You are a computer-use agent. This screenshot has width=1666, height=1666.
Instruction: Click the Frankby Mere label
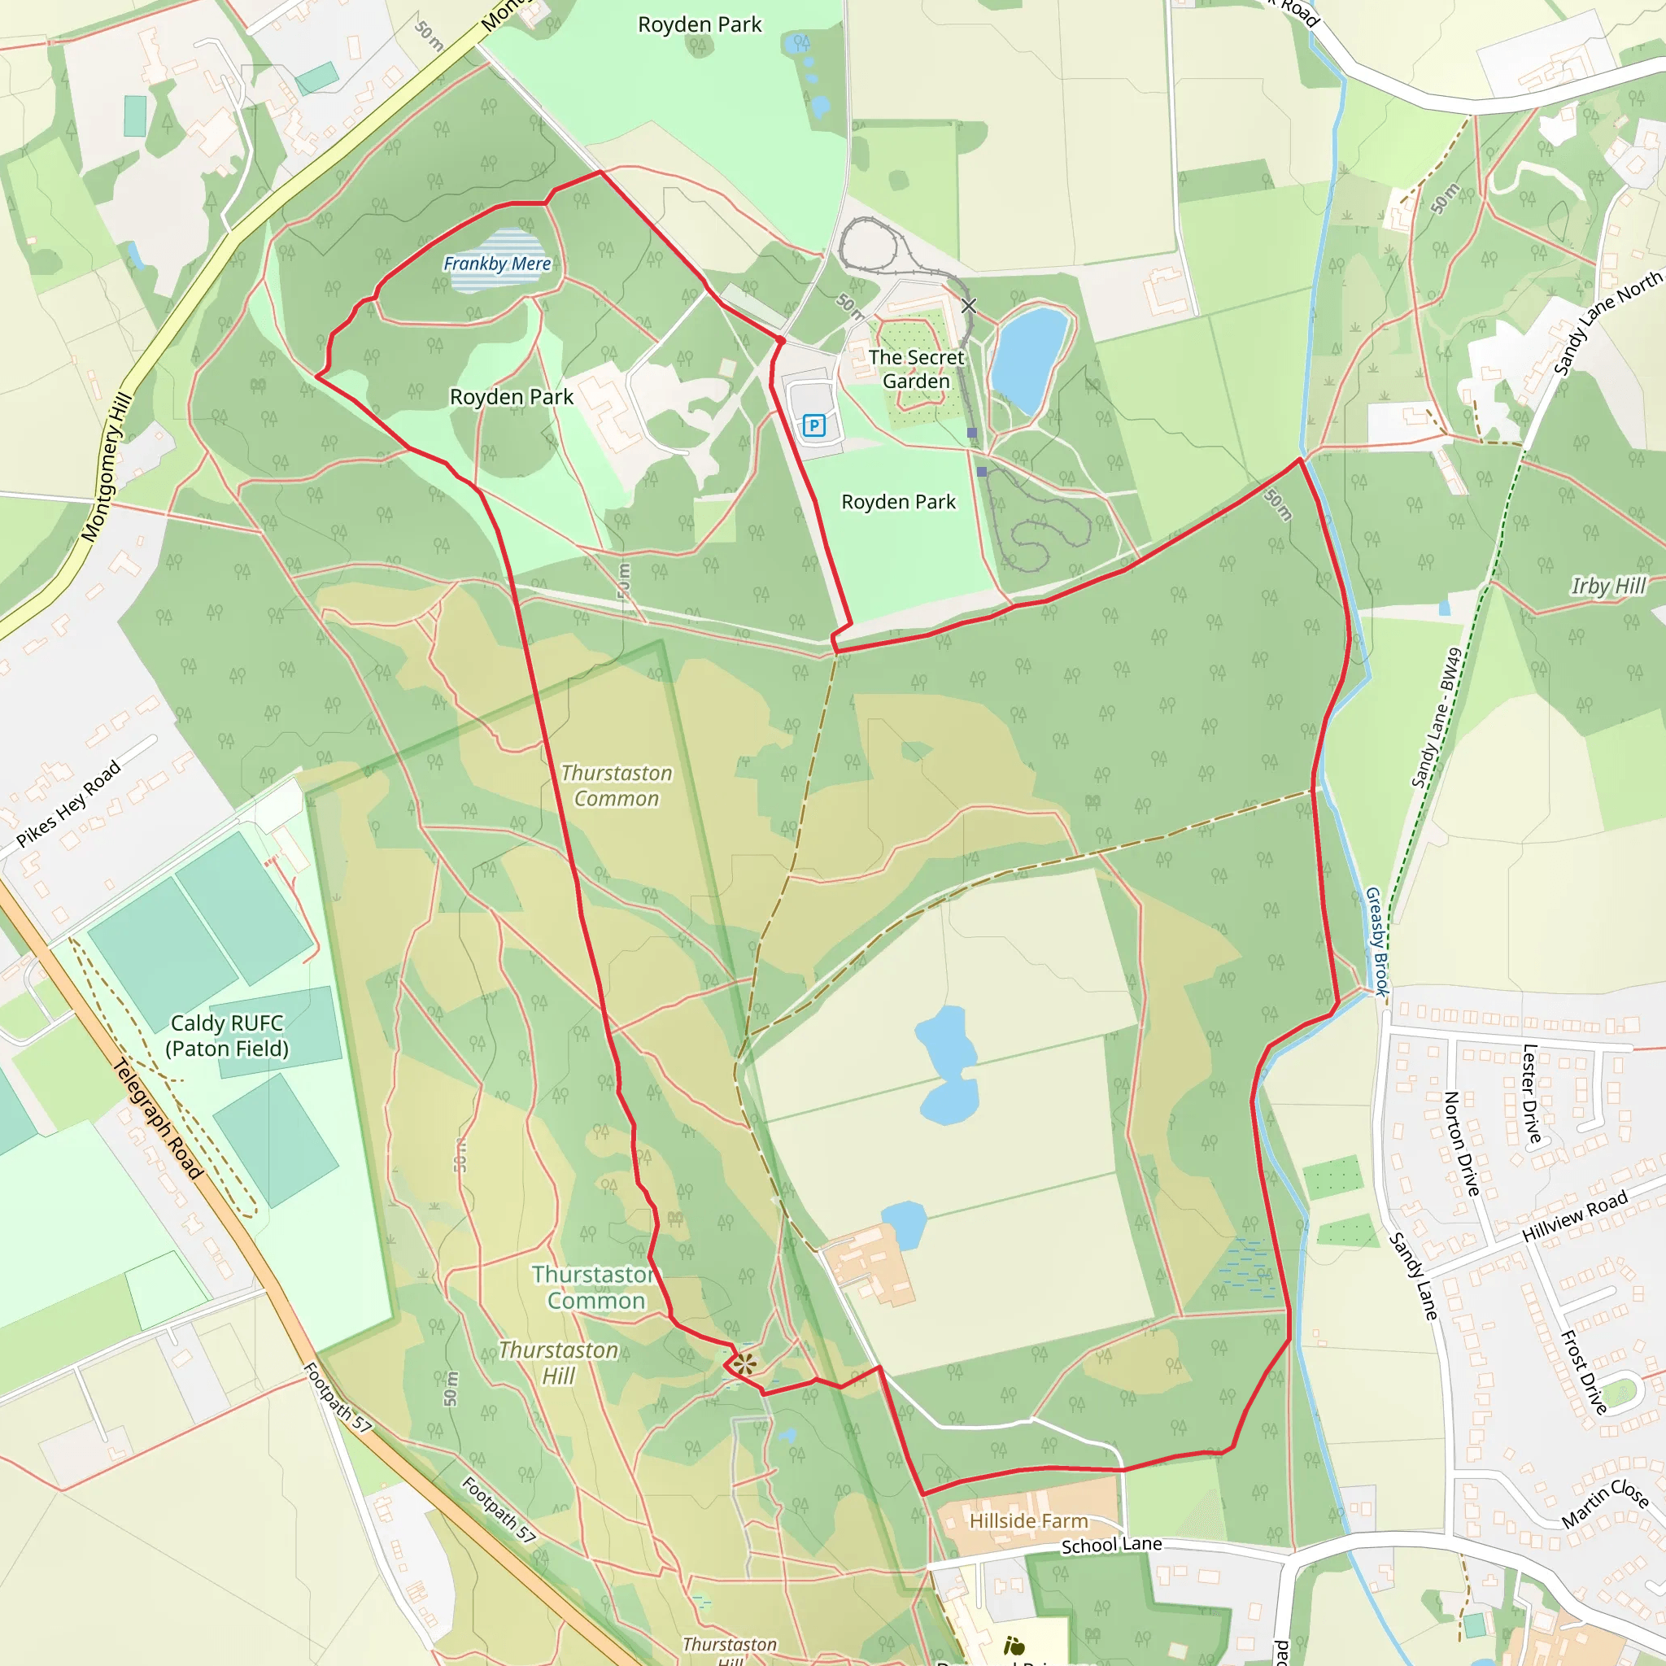click(497, 264)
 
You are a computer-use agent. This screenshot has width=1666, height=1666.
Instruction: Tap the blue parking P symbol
click(813, 425)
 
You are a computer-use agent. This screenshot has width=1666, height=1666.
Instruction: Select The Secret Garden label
click(916, 369)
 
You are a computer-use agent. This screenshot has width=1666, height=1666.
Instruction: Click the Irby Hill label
click(1607, 587)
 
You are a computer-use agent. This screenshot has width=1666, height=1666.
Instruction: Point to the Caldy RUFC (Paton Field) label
click(227, 1036)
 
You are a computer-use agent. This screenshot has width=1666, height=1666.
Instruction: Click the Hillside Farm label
click(1029, 1521)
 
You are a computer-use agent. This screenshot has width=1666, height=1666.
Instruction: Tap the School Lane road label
click(1110, 1546)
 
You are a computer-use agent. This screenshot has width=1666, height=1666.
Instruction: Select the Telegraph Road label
click(159, 1119)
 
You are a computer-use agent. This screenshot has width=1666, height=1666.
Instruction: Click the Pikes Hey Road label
click(69, 804)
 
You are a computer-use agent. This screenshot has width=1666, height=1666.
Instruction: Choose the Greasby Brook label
click(1377, 942)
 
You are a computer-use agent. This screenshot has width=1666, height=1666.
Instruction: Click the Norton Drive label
click(1461, 1144)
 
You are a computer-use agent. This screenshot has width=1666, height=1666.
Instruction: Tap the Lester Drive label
click(1532, 1093)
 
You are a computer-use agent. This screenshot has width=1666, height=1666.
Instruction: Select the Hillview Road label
click(1575, 1216)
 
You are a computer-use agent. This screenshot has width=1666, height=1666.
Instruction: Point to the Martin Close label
click(1606, 1504)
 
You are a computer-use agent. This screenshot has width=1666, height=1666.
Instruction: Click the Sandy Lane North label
click(1607, 325)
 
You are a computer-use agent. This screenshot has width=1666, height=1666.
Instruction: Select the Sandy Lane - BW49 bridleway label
click(1437, 717)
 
